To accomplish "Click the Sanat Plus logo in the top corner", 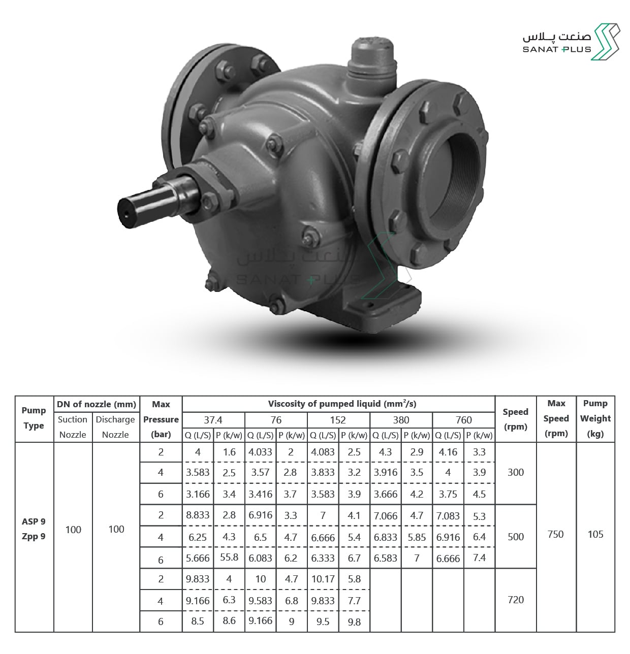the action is click(571, 42).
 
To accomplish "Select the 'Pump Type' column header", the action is click(34, 418).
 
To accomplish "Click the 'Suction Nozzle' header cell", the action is click(73, 427).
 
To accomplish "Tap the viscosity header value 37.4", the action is click(213, 420).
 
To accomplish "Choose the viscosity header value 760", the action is click(463, 420).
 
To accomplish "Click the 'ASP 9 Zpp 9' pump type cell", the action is click(34, 529).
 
